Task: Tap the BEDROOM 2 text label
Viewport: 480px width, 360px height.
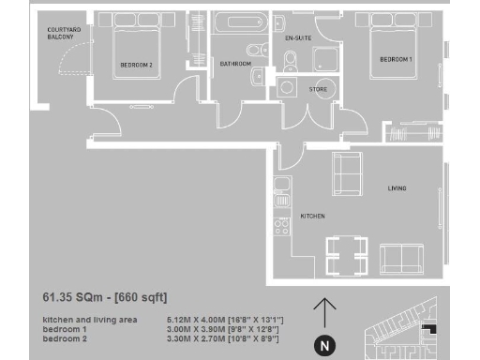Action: tap(136, 65)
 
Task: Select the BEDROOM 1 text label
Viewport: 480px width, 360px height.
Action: tap(395, 60)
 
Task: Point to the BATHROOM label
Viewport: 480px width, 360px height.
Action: tap(235, 65)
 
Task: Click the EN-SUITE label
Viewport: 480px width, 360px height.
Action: tap(297, 38)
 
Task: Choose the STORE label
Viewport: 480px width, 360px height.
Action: tap(320, 89)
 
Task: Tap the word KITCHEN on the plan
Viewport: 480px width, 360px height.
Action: tap(312, 217)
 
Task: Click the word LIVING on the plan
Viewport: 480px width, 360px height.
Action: tap(397, 189)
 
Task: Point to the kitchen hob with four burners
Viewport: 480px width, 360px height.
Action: tap(280, 226)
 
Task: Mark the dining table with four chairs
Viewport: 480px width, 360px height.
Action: tap(346, 252)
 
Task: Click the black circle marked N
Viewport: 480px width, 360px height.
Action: tap(324, 346)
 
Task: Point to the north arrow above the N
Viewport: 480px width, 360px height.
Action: tap(324, 313)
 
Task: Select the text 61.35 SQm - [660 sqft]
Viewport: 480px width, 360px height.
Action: tap(105, 298)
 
